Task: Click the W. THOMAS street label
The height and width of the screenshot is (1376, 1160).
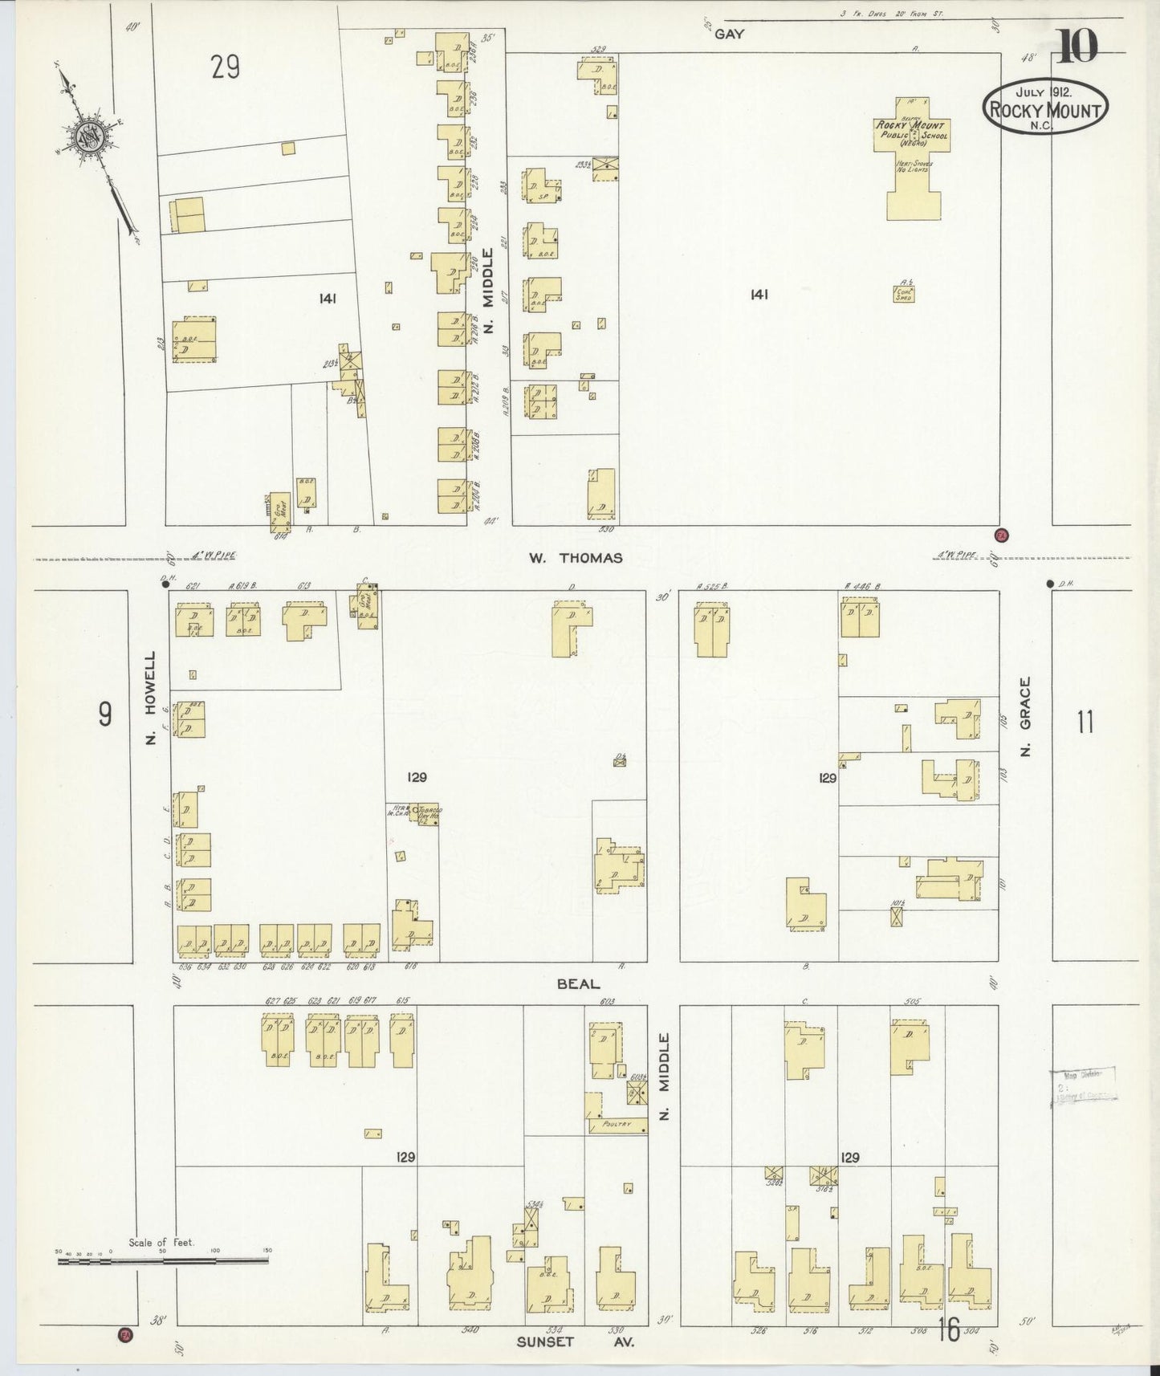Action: (574, 558)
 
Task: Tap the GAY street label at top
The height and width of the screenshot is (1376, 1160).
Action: (729, 34)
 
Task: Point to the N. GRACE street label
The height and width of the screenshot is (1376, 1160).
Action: (1024, 716)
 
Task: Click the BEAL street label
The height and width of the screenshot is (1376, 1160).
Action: (578, 983)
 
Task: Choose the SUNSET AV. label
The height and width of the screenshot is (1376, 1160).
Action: (575, 1341)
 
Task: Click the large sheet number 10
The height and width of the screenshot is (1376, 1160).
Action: (1077, 47)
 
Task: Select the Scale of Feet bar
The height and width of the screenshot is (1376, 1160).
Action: (162, 1261)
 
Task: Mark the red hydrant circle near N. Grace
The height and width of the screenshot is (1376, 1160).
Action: (1001, 535)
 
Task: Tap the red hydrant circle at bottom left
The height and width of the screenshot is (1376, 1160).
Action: (125, 1335)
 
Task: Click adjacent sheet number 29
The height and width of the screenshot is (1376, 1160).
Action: (226, 67)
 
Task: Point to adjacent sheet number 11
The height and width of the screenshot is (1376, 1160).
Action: (1085, 723)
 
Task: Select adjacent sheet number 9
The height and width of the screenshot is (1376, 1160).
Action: (105, 714)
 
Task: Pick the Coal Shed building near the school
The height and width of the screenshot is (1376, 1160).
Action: (904, 294)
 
